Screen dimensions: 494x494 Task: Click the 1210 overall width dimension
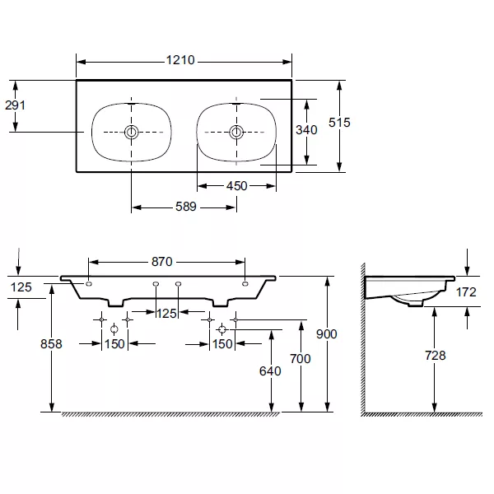tap(183, 60)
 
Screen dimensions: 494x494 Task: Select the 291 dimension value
tap(16, 105)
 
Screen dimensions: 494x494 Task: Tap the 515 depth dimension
tap(339, 122)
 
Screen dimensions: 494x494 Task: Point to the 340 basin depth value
tap(307, 131)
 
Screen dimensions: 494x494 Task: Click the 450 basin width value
tap(236, 185)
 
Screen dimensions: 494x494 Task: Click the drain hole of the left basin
tap(131, 132)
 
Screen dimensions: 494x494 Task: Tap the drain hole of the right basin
tap(236, 132)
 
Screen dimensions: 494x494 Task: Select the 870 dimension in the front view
tap(161, 262)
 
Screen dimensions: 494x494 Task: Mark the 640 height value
tap(270, 370)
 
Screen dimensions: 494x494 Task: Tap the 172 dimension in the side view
tap(467, 291)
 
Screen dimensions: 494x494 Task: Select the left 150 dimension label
tap(114, 344)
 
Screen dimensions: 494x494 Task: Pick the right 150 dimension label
tap(222, 344)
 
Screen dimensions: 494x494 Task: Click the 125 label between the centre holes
tap(167, 313)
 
